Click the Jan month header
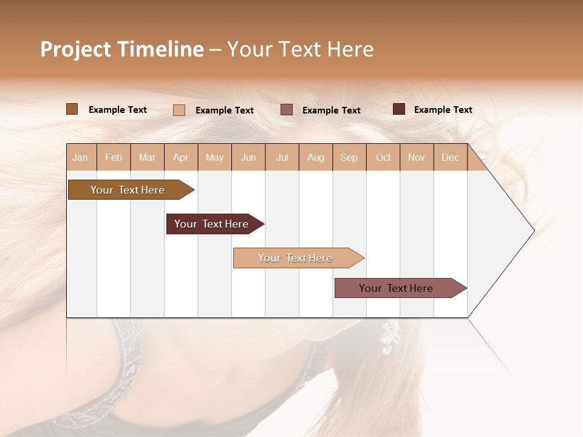(80, 158)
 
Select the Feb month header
(114, 158)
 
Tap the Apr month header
(180, 158)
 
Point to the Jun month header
(248, 158)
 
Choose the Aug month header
(315, 158)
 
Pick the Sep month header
(349, 158)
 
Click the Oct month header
(383, 158)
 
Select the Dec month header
(450, 158)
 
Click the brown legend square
(72, 109)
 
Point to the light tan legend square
(179, 110)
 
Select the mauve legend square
(286, 110)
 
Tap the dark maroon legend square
(398, 109)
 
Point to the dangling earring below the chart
(387, 337)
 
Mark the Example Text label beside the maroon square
(443, 110)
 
